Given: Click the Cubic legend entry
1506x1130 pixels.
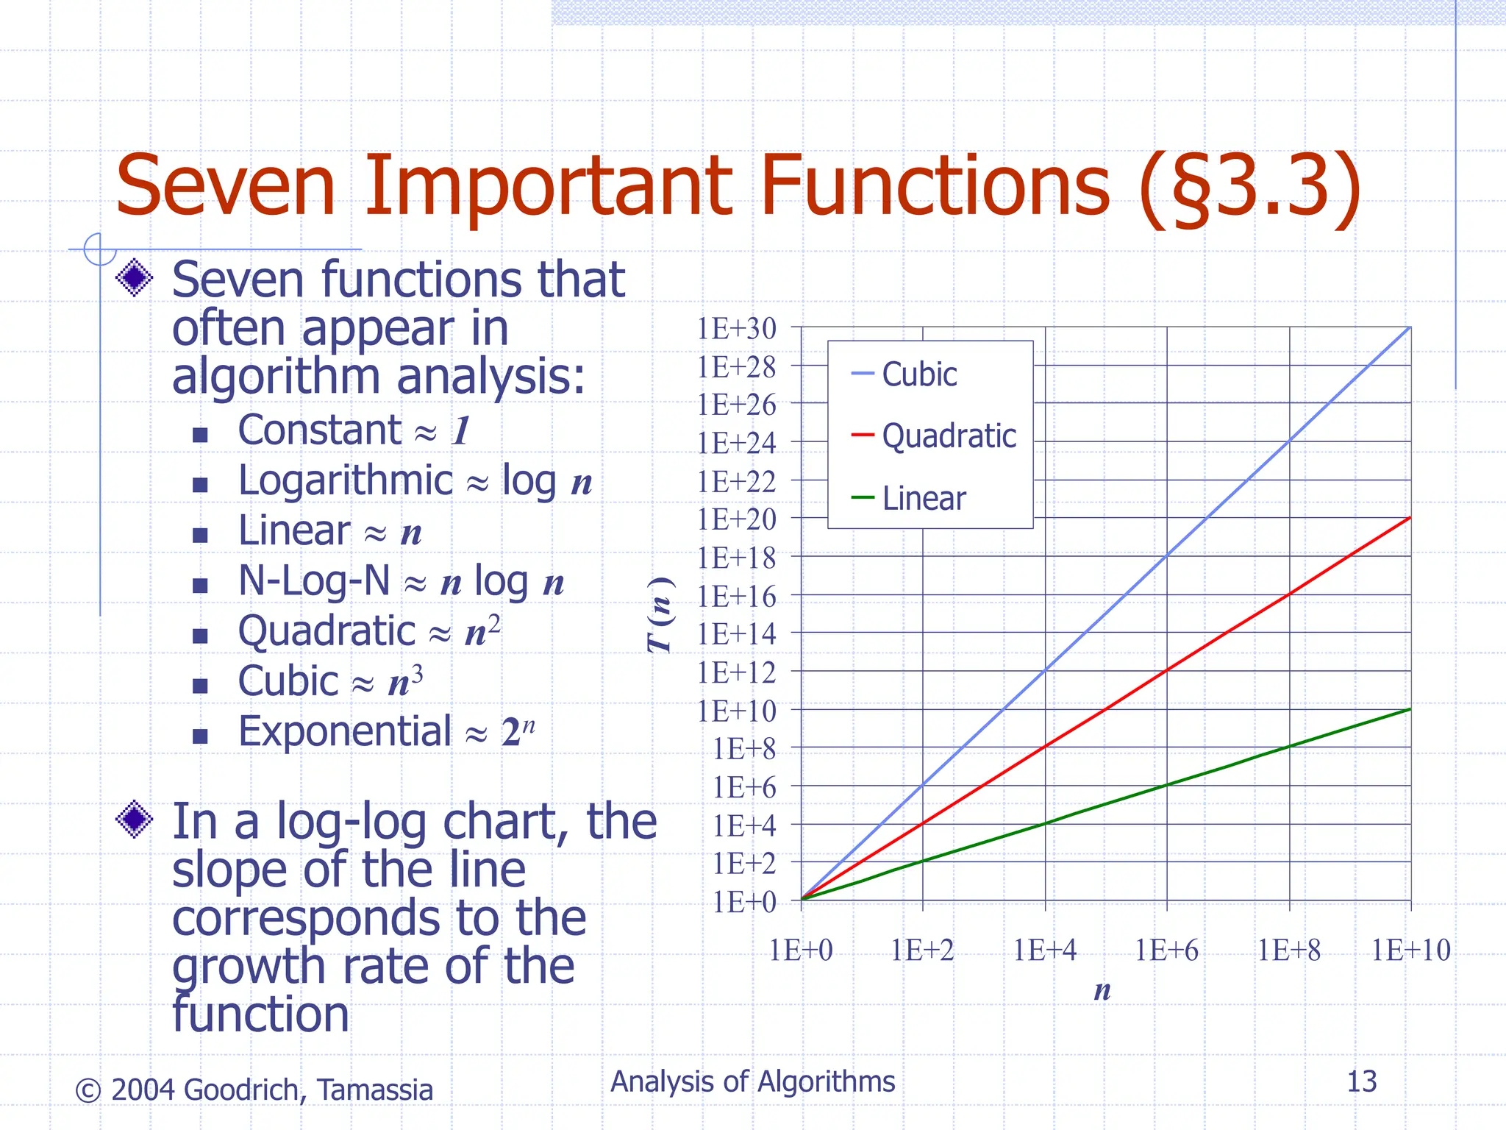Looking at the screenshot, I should tap(918, 374).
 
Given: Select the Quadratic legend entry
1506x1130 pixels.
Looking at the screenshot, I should tap(949, 436).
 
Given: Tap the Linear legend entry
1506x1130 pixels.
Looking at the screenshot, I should tap(923, 499).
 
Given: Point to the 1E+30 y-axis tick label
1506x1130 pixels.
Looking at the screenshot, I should tap(736, 329).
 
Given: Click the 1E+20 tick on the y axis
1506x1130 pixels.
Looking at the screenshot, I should tap(736, 519).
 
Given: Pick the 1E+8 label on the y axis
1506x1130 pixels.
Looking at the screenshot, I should tap(744, 749).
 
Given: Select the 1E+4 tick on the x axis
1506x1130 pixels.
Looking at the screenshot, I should tap(1045, 950).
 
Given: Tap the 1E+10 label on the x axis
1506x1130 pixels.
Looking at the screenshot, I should tap(1410, 950).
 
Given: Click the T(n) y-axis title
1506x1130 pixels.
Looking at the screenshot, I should tap(660, 615).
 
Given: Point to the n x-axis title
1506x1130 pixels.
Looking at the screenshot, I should tap(1102, 990).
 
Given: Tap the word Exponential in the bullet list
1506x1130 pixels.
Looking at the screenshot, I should tap(345, 732).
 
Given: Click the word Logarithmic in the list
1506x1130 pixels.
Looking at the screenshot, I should tap(346, 481).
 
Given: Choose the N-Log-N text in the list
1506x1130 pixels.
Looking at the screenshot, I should tap(314, 581).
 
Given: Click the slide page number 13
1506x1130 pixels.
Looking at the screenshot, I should tap(1361, 1081).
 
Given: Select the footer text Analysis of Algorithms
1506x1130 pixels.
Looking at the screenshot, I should tap(753, 1081).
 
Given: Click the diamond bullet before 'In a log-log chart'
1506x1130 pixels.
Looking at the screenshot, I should tap(135, 818).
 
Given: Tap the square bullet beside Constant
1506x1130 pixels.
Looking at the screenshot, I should tap(200, 435).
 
